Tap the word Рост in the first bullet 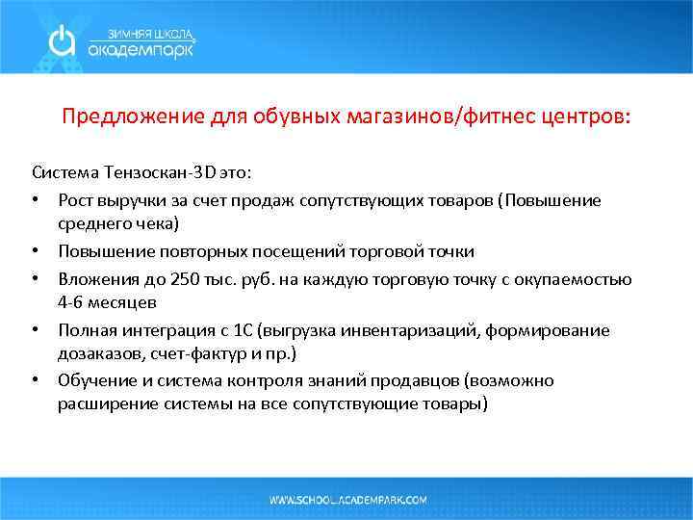coord(75,200)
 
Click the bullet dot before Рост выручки coord(36,200)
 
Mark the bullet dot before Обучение coord(36,381)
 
